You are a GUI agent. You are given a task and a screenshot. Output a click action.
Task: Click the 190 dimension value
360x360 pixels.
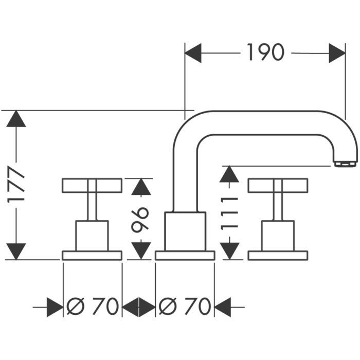pyautogui.click(x=265, y=52)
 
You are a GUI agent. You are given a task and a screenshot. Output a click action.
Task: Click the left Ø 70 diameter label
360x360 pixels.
pyautogui.click(x=93, y=307)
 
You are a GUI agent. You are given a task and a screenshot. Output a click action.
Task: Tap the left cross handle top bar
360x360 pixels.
pyautogui.click(x=92, y=185)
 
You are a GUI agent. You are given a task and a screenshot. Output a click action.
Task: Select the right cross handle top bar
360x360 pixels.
pyautogui.click(x=278, y=185)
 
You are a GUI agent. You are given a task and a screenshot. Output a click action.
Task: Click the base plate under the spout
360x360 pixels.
pyautogui.click(x=185, y=256)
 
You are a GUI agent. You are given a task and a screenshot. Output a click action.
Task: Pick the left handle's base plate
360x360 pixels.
pyautogui.click(x=92, y=256)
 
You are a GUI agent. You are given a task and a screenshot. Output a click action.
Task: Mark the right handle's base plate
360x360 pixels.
pyautogui.click(x=278, y=256)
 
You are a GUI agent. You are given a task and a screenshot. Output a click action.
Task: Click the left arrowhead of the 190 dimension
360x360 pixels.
pyautogui.click(x=193, y=53)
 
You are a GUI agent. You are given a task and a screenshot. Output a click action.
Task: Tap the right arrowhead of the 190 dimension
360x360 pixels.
pyautogui.click(x=337, y=53)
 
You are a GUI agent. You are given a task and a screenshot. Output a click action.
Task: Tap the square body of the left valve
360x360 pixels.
pyautogui.click(x=92, y=236)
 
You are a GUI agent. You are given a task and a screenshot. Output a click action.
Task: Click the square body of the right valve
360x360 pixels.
pyautogui.click(x=278, y=236)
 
